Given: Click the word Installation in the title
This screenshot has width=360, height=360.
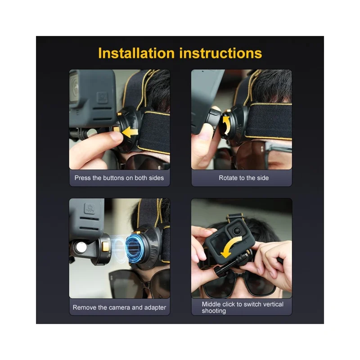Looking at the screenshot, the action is [x=136, y=53].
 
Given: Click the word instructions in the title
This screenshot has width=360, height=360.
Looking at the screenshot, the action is [x=220, y=53].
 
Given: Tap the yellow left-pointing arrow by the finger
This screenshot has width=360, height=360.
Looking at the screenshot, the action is [x=130, y=132].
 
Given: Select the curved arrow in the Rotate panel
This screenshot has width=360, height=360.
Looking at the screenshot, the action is [x=226, y=126].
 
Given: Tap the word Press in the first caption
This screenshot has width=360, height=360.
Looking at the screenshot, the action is [x=82, y=178].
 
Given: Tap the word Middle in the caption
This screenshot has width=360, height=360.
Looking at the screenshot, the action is [x=211, y=304].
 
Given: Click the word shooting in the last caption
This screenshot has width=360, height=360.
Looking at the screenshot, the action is [x=214, y=311].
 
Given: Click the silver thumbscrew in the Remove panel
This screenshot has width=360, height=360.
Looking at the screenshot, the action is [x=81, y=247].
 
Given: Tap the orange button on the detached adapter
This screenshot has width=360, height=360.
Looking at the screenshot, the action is [x=105, y=247].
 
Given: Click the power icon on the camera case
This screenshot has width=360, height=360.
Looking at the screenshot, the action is [x=89, y=208].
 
